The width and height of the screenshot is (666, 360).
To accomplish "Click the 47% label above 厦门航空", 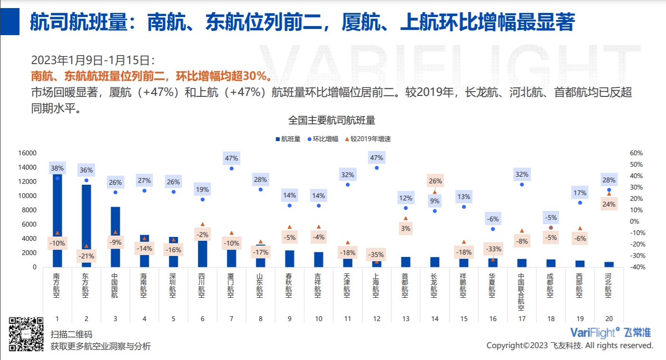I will pos(231,158).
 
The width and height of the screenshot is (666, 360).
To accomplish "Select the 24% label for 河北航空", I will pos(609,205).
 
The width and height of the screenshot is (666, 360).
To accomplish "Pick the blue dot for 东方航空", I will pos(86,180).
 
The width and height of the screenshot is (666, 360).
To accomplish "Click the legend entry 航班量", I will pos(288,139).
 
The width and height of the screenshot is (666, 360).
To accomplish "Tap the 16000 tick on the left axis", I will pos(28,153).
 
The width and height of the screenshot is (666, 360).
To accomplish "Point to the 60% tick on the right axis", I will pos(637,153).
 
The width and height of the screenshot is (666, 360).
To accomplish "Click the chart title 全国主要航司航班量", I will pos(332,120).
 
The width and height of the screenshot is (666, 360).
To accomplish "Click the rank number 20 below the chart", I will pos(609,319).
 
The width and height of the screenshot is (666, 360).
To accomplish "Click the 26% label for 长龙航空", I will pos(435,181).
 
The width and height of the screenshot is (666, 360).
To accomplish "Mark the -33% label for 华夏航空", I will pos(493,249).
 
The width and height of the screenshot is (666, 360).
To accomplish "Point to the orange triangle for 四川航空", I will pos(202,224).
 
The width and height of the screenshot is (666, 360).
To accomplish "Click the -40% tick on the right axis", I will pos(636,267).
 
